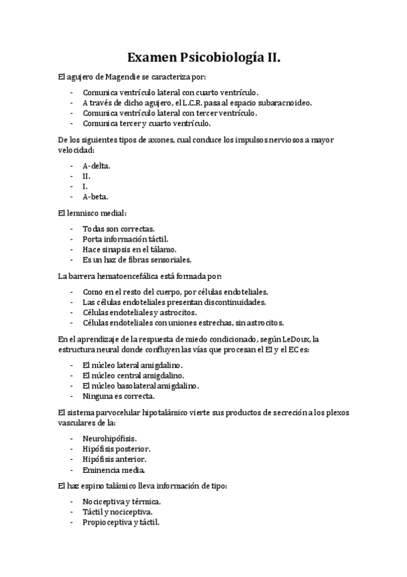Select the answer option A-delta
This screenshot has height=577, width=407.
pos(96,165)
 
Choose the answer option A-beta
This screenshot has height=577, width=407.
pos(95,197)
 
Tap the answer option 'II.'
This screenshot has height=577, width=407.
pos(86,176)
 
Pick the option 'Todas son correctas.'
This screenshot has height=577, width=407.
pos(119,228)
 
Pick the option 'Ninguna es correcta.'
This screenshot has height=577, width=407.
pos(118,396)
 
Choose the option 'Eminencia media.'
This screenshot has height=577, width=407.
pos(113,469)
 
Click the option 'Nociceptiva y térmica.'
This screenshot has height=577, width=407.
pos(122,501)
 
